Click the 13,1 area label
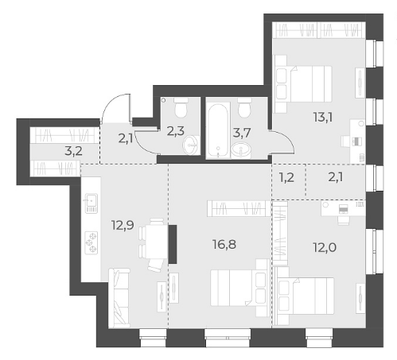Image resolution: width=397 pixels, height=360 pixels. tap(323, 117)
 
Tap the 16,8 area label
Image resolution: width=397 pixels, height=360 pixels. tap(224, 245)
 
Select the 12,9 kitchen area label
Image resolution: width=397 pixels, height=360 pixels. tap(123, 226)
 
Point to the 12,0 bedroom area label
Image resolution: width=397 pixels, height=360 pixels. tap(325, 248)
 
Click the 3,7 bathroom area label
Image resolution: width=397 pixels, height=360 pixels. tap(242, 133)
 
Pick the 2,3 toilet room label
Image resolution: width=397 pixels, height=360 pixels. tap(176, 131)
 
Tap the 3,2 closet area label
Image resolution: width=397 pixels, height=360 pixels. tap(73, 151)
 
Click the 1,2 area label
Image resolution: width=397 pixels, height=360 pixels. tap(286, 177)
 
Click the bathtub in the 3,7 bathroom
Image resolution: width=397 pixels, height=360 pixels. tap(218, 130)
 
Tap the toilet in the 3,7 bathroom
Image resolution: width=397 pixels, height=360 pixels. tap(244, 107)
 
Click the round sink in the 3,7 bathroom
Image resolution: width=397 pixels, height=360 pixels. tap(241, 151)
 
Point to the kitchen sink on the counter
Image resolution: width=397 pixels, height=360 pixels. tap(91, 203)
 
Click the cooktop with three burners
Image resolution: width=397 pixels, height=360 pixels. tap(91, 243)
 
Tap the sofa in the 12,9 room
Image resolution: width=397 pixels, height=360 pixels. tap(119, 298)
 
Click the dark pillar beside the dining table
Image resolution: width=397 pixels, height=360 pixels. tap(173, 244)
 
